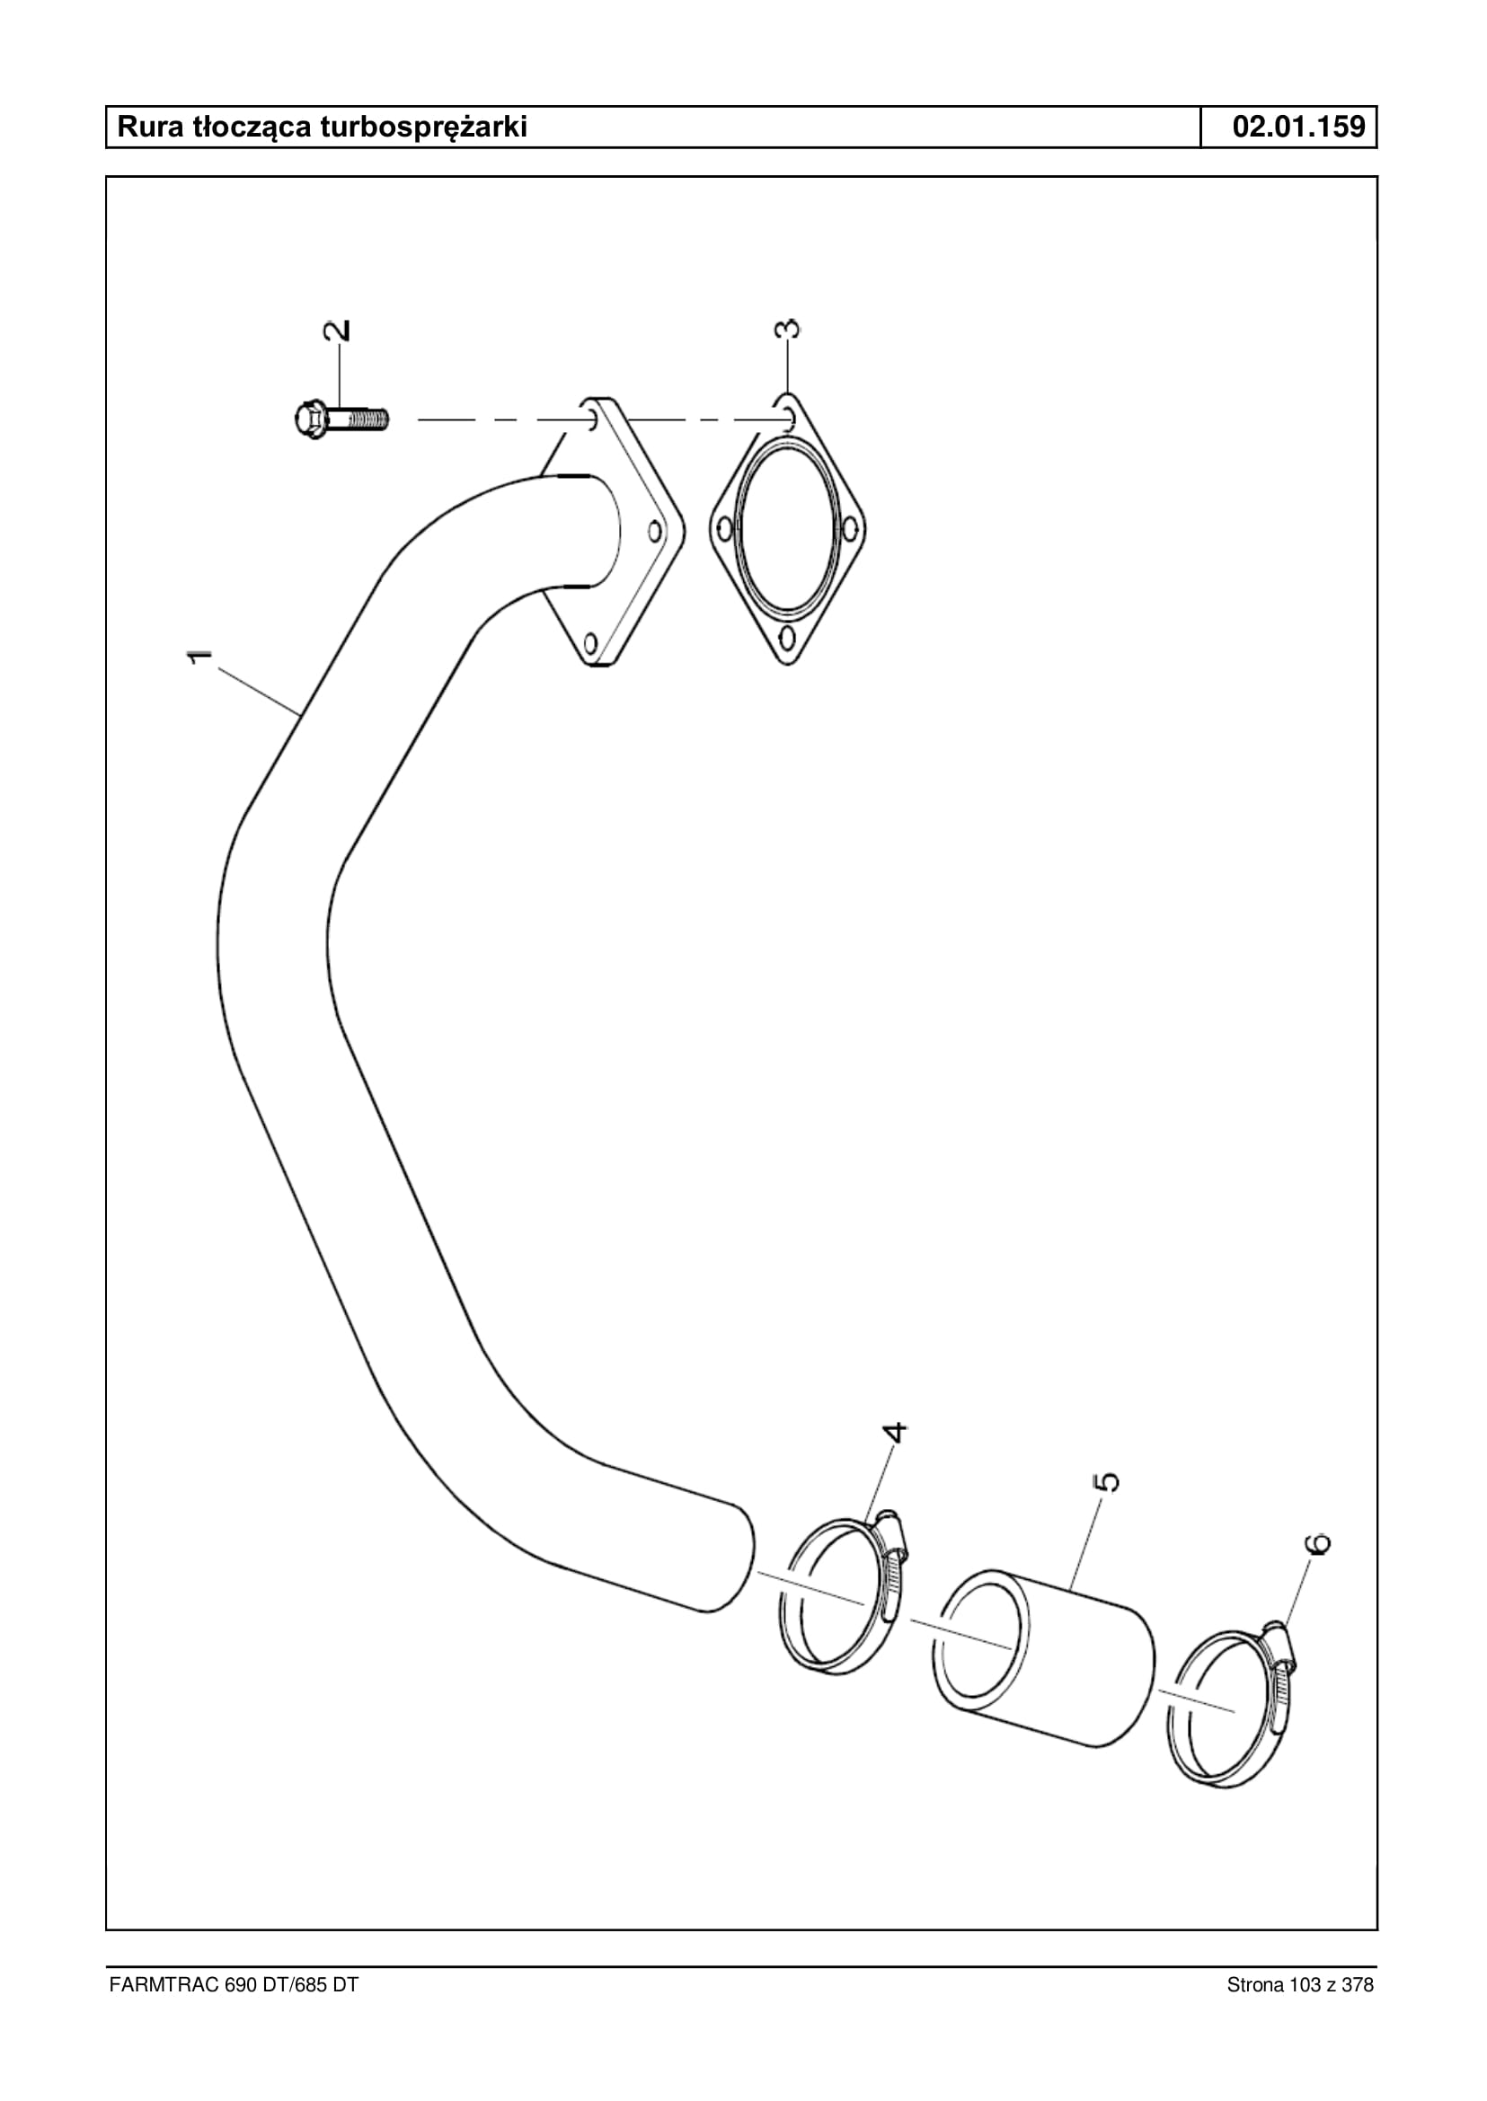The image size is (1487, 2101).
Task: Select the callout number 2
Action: pos(338,331)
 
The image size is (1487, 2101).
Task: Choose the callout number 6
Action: pos(1317,1542)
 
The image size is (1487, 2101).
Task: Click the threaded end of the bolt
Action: pos(369,420)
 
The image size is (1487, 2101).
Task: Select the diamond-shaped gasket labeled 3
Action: pos(788,529)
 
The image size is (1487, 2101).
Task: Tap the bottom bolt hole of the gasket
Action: pos(787,636)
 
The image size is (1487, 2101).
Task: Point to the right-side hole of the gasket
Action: pos(850,528)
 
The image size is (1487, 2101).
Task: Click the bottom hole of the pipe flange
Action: pos(590,641)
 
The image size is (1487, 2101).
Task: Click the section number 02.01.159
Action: pos(1298,127)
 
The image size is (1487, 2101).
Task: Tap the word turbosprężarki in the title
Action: pos(423,128)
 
